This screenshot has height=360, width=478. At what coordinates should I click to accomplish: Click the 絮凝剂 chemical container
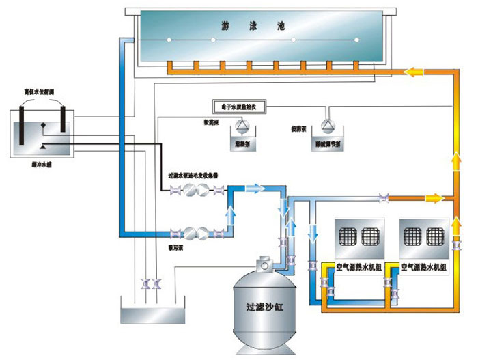(242, 143)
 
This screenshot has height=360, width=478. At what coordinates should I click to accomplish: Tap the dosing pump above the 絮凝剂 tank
(242, 125)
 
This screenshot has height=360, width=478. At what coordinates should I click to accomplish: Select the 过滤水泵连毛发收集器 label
(193, 175)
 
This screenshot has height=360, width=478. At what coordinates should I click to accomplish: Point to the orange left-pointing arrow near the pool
(415, 72)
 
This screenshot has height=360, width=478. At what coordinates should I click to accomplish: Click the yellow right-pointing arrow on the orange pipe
(432, 198)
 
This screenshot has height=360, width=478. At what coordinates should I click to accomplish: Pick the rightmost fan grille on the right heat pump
(435, 236)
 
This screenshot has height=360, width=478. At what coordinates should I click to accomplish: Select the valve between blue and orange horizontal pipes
(382, 199)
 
